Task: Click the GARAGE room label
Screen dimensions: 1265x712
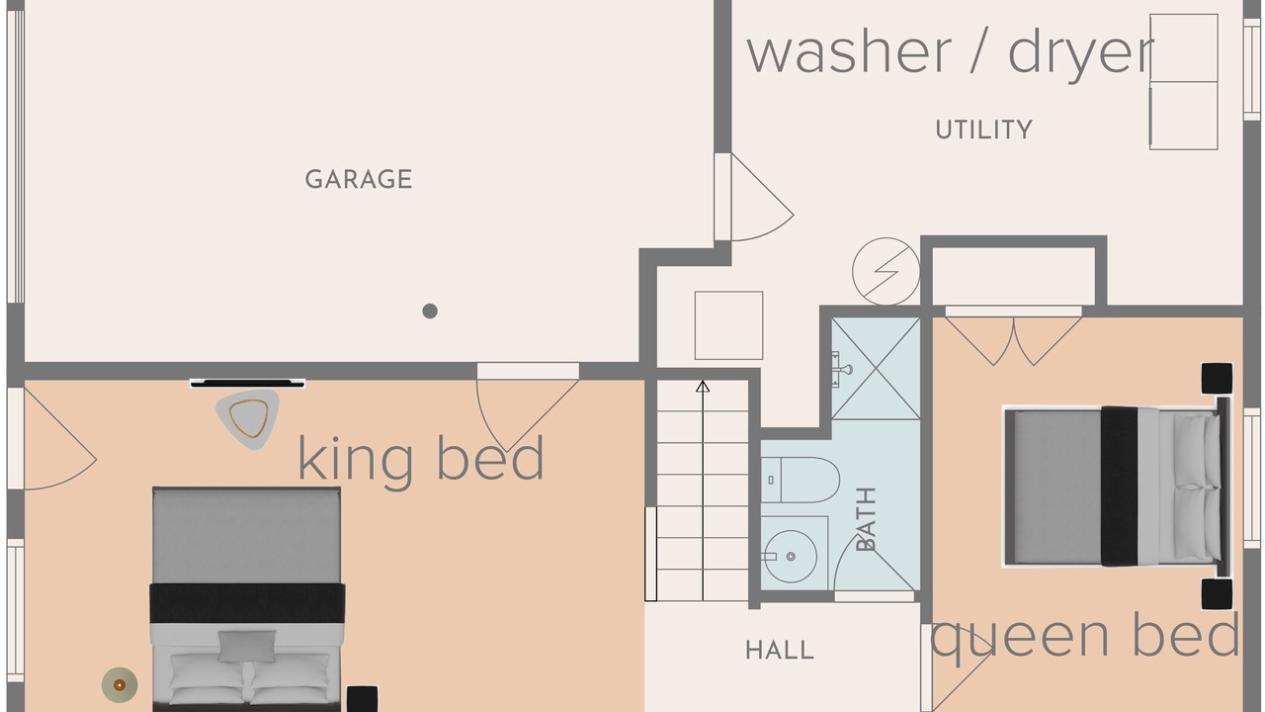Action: coord(359,179)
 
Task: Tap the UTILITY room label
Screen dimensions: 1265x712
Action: coord(983,130)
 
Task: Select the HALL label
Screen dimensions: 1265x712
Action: coord(780,650)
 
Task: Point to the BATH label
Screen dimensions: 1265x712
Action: coord(866,519)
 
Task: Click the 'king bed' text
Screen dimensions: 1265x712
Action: coord(421,458)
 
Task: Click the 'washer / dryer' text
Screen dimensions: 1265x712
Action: coord(950,52)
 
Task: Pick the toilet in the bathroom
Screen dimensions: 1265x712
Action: coord(801,480)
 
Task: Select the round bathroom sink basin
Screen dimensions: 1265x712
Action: coord(791,557)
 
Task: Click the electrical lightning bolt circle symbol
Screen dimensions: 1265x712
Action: coord(886,271)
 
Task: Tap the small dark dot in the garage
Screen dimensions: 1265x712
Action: coord(430,311)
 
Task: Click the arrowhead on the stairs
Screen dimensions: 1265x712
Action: coord(703,387)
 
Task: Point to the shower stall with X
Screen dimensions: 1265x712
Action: coord(876,369)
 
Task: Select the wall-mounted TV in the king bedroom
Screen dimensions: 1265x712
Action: coord(247,383)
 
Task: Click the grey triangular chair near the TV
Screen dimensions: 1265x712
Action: coord(248,418)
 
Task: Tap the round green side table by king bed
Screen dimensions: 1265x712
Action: coord(120,685)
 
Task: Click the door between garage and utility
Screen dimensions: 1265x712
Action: coord(754,197)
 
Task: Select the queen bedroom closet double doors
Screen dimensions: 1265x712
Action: coord(1014,337)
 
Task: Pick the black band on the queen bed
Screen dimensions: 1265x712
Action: coord(1119,486)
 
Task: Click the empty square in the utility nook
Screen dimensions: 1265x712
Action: coord(728,325)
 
